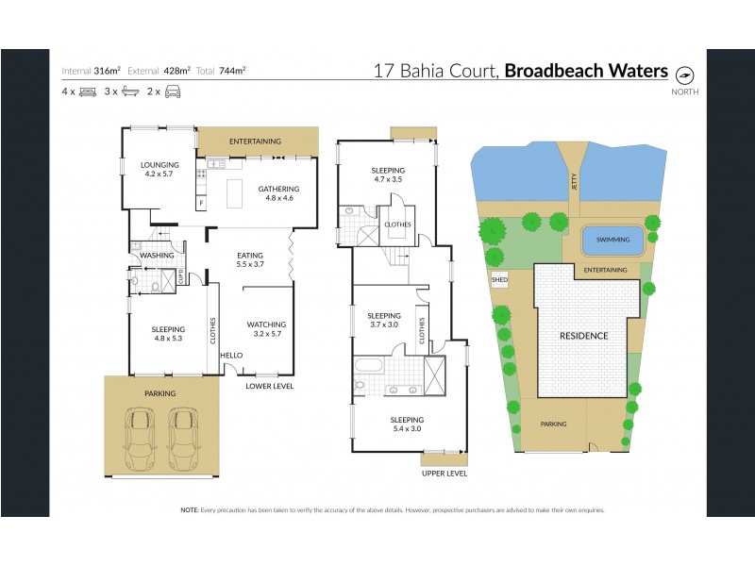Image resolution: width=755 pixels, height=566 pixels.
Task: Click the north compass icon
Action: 685,74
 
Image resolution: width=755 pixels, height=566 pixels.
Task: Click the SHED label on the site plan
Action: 499,280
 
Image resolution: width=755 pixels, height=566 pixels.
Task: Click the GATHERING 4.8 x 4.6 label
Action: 278,193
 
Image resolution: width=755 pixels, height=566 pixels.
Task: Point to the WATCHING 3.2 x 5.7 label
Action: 267,329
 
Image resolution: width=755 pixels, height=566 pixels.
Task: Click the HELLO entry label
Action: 231,355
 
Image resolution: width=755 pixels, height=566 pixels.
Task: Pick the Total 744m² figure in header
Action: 222,71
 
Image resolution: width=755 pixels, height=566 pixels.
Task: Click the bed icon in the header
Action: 89,92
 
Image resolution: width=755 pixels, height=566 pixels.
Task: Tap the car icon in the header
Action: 173,92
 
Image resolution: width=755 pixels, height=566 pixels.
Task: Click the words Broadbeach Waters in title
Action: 586,71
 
